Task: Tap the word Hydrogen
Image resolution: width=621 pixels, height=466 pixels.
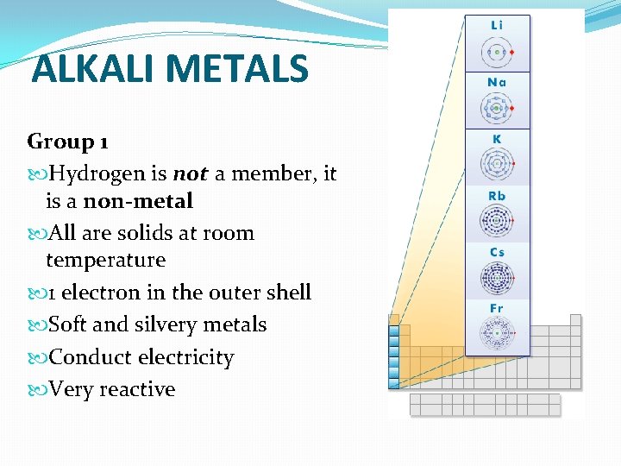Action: pyautogui.click(x=97, y=174)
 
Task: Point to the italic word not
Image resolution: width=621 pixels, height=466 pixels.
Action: pyautogui.click(x=191, y=174)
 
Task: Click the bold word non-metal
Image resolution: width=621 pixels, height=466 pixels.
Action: pyautogui.click(x=138, y=201)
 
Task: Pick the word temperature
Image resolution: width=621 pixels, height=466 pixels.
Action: pyautogui.click(x=105, y=260)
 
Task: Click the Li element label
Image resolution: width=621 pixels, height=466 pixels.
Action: pyautogui.click(x=497, y=26)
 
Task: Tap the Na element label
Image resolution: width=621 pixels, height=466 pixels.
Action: pyautogui.click(x=497, y=83)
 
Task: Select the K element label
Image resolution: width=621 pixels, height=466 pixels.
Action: pyautogui.click(x=497, y=139)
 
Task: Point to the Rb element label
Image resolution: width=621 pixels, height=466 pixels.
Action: pyautogui.click(x=497, y=196)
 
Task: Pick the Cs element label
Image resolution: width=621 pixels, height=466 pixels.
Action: pyautogui.click(x=497, y=252)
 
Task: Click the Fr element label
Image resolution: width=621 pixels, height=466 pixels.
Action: pyautogui.click(x=497, y=308)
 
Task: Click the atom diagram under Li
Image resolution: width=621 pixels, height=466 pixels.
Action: pyautogui.click(x=497, y=52)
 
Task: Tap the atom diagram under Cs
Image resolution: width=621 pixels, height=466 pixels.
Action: pyautogui.click(x=497, y=278)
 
